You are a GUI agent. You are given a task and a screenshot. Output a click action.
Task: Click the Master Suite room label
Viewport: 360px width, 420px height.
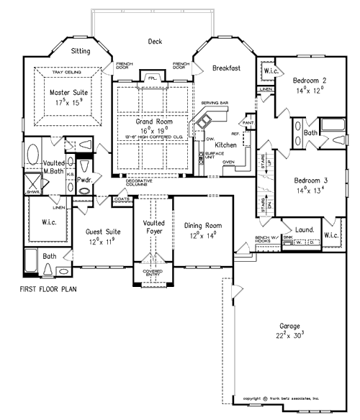[x=68, y=93]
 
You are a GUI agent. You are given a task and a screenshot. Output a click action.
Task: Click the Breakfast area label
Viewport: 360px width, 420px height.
[x=226, y=68]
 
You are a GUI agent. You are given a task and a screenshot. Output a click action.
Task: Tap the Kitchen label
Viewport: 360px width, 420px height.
[x=225, y=145]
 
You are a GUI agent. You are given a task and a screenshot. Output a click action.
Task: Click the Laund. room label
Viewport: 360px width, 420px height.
[x=305, y=229]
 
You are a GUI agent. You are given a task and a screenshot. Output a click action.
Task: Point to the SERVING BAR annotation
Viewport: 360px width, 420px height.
[x=215, y=104]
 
